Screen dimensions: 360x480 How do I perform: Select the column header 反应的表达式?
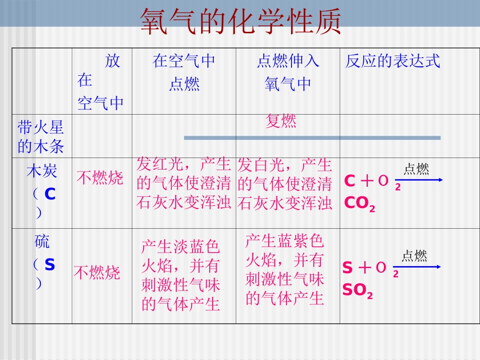[393, 62]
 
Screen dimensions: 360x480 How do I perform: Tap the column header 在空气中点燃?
[184, 72]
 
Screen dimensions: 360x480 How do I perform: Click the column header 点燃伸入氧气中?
[288, 72]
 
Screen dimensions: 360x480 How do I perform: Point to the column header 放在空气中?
[101, 82]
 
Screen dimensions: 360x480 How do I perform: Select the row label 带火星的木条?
[41, 136]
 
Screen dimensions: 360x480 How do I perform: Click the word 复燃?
[281, 121]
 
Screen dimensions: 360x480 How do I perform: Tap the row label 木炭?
[42, 171]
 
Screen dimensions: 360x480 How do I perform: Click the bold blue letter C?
[50, 193]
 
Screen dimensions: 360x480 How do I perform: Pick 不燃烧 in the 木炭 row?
[100, 178]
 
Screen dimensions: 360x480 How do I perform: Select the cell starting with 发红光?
[184, 184]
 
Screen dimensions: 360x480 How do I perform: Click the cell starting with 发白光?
[285, 184]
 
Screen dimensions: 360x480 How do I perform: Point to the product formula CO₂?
[359, 203]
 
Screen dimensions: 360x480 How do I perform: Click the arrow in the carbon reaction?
[419, 180]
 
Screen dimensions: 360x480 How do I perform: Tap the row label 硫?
[42, 242]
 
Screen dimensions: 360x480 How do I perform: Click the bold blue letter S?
[50, 265]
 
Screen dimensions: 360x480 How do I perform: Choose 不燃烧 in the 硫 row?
[97, 273]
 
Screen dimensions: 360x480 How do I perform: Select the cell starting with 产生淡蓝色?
[181, 275]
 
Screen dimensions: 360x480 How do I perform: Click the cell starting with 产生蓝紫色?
[285, 270]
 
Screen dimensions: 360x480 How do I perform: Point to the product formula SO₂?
[357, 291]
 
